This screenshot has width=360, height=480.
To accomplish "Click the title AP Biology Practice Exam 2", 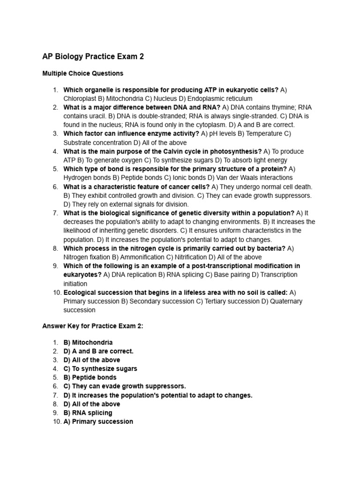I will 93,57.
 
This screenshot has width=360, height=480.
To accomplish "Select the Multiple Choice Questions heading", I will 82,74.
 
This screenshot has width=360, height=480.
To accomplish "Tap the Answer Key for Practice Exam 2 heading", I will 92,327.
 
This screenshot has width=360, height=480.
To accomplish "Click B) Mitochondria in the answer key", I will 88,343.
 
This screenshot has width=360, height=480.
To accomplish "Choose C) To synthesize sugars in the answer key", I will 100,369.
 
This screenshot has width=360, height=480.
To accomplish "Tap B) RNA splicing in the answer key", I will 88,413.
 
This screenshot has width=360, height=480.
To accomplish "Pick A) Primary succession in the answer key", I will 98,421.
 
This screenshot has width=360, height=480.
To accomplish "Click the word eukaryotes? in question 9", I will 82,275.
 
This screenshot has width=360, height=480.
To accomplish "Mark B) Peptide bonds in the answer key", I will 90,377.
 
